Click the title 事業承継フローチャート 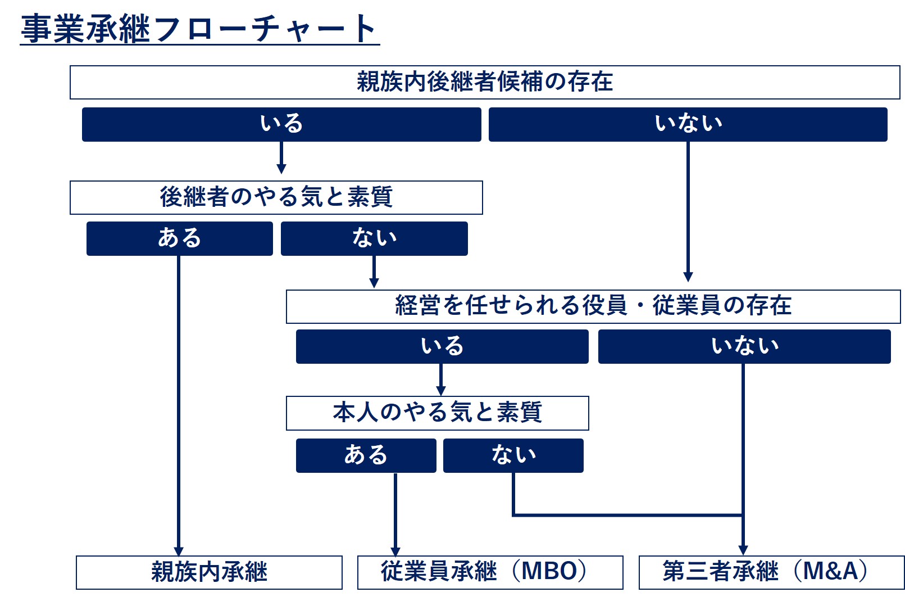pos(199,29)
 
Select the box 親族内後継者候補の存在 pos(485,82)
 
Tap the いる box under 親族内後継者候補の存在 pos(281,124)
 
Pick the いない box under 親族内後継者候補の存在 pos(688,124)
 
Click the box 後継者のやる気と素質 pos(276,197)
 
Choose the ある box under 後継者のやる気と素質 pos(179,238)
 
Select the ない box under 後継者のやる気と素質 pos(374,238)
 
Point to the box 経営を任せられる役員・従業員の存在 pos(593,306)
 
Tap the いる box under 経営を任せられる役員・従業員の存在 pos(442,346)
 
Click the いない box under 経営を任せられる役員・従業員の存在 pos(744,346)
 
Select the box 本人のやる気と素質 pos(437,413)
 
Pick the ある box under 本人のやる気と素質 pos(366,455)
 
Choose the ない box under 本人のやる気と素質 pos(513,455)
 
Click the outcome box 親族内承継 pos(209,572)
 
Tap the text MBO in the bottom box pos(549,572)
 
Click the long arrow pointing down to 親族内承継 pos(179,405)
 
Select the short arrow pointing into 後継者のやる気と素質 pos(281,158)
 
